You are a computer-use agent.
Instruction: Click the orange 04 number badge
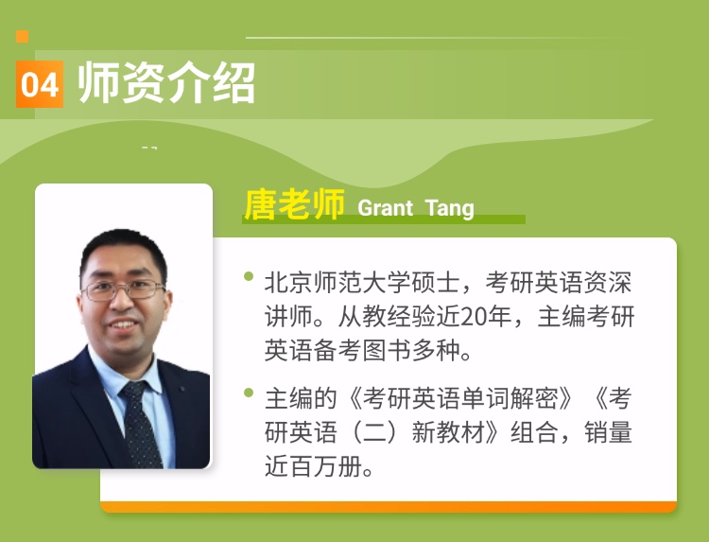click(x=40, y=84)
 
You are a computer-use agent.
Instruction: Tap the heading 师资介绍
click(x=166, y=83)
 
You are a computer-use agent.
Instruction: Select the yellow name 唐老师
click(x=294, y=204)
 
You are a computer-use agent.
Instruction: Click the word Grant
click(x=386, y=208)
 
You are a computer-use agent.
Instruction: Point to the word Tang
click(x=450, y=208)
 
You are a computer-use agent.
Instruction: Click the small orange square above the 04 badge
click(x=22, y=36)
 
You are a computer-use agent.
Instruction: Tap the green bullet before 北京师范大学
click(x=249, y=276)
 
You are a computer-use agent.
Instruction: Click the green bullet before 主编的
click(x=249, y=393)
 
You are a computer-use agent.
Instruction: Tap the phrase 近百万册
click(x=314, y=466)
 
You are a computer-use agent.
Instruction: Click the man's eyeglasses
click(x=123, y=289)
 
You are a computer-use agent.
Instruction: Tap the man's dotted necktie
click(x=141, y=423)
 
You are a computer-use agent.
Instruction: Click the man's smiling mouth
click(x=123, y=324)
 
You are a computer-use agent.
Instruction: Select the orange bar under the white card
click(x=389, y=507)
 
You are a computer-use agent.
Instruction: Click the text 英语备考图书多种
click(x=363, y=350)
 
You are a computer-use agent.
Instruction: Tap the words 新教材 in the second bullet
click(x=448, y=432)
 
